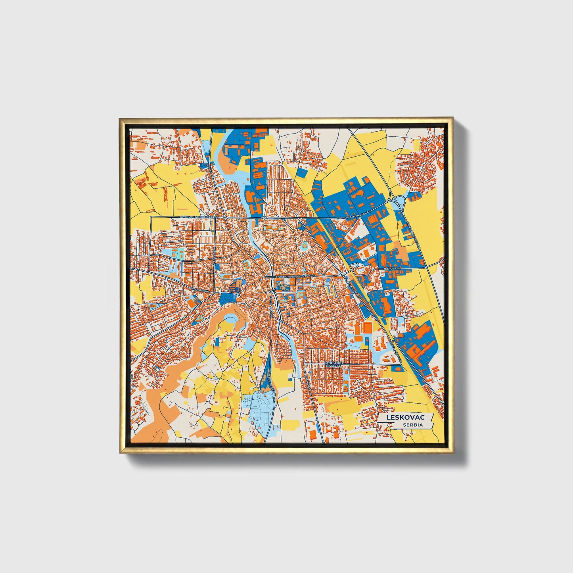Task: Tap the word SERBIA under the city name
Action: pyautogui.click(x=412, y=425)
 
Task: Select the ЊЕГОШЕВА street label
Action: pyautogui.click(x=393, y=268)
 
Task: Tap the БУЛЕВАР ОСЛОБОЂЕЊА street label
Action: pyautogui.click(x=294, y=276)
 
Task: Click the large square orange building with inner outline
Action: pyautogui.click(x=367, y=327)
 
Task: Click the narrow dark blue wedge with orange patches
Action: pyautogui.click(x=265, y=369)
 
